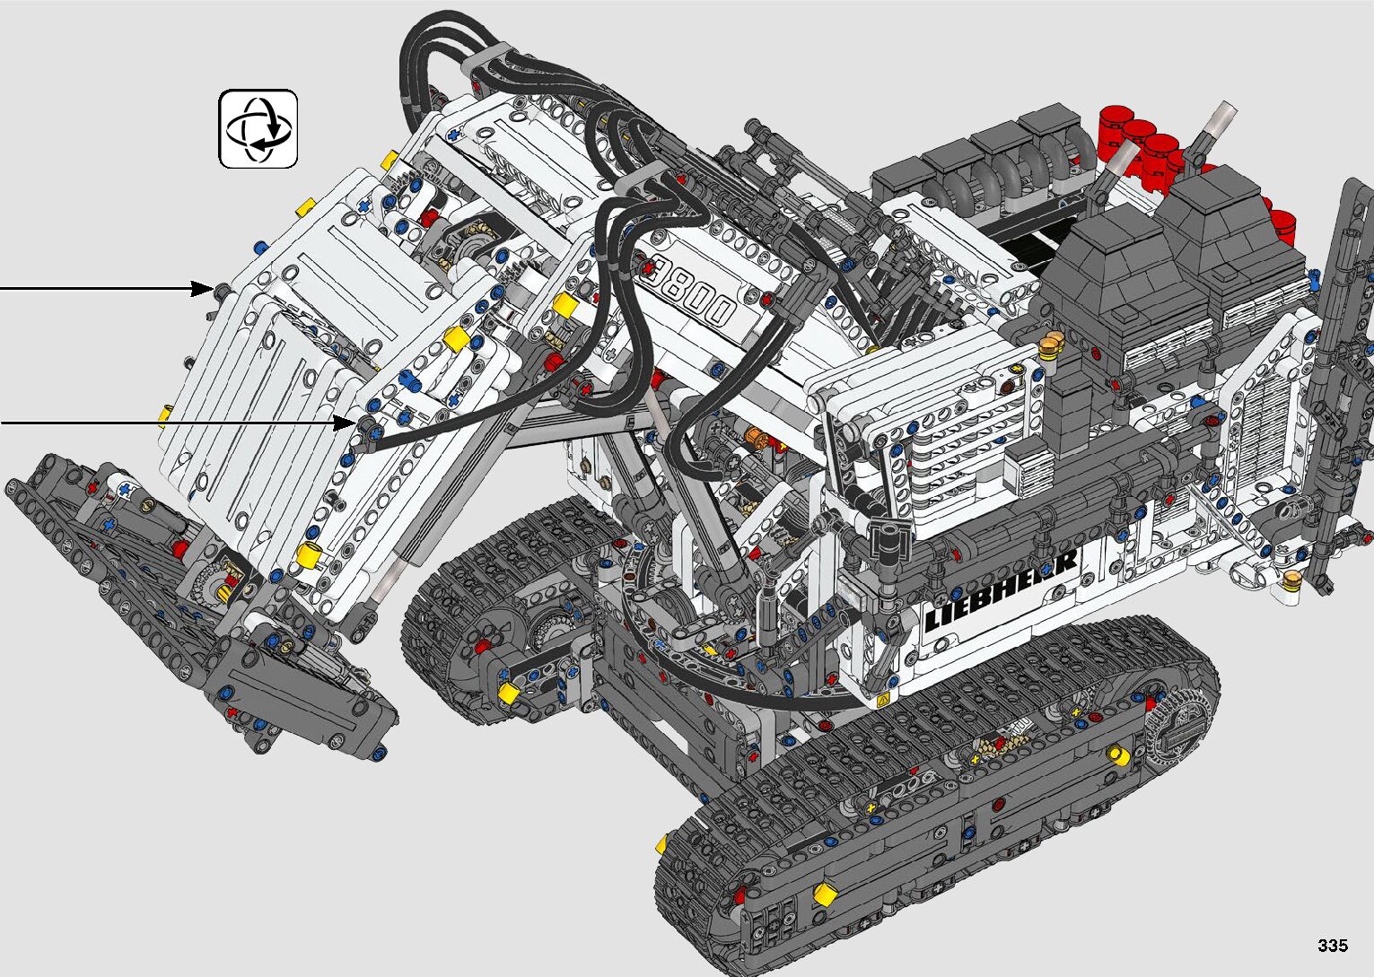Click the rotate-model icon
tap(258, 129)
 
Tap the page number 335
tap(1333, 945)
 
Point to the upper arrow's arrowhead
tap(202, 288)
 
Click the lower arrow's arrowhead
tap(346, 423)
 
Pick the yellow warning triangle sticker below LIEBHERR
tap(883, 699)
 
